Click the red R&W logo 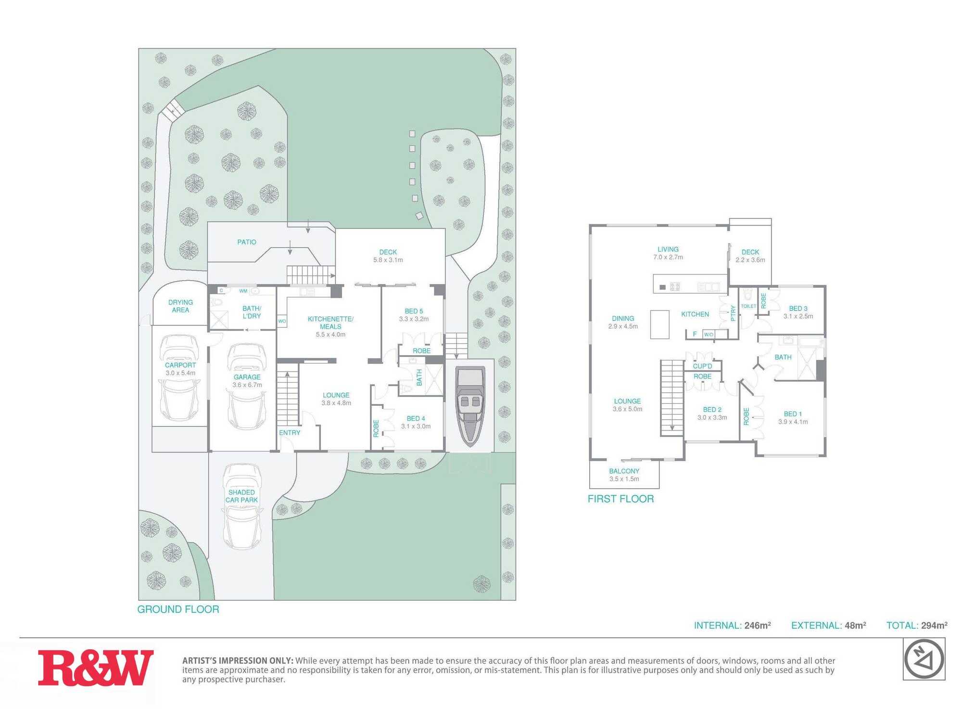[96, 668]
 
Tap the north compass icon [924, 659]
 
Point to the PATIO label [247, 242]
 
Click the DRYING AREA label [180, 306]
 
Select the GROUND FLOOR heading [178, 609]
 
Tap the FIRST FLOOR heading [620, 499]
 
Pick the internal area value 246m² [758, 625]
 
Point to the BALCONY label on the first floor [624, 471]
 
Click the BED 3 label [798, 309]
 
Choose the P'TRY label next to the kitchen [733, 313]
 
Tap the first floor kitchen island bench [660, 324]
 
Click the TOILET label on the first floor [748, 306]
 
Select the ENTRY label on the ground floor [290, 433]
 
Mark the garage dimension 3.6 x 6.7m [247, 385]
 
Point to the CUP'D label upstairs [702, 366]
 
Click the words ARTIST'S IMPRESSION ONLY [238, 661]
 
